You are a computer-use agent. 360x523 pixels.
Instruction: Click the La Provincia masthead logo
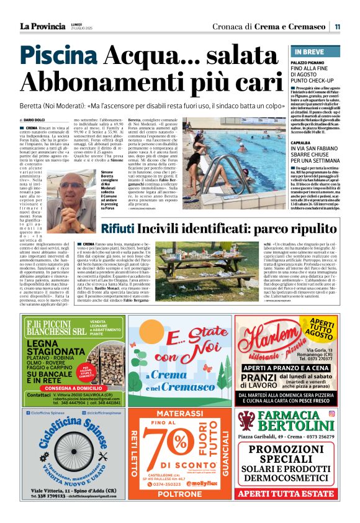tap(42, 26)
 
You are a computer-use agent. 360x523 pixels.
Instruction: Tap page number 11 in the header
tap(337, 27)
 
